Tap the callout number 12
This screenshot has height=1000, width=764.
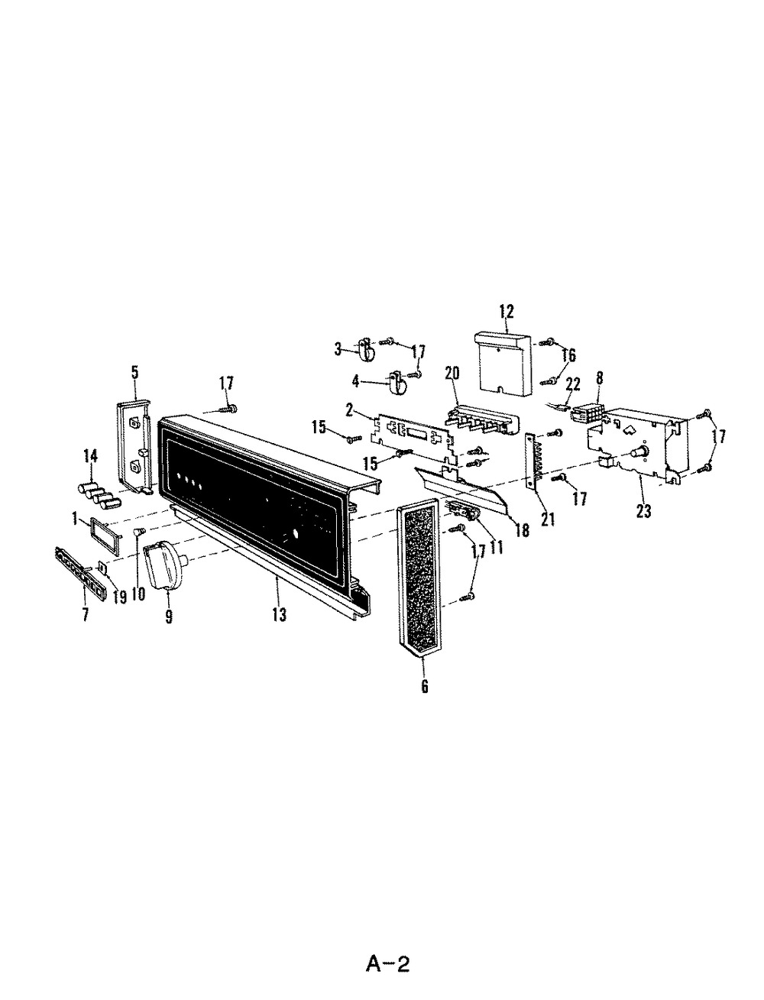[x=506, y=311]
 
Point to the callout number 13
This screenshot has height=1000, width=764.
[x=280, y=614]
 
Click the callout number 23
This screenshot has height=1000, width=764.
[x=643, y=511]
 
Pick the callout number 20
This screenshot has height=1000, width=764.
[x=452, y=373]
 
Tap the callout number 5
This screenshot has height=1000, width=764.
[x=135, y=372]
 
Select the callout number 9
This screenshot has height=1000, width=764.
[x=169, y=616]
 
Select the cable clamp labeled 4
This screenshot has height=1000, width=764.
[x=397, y=383]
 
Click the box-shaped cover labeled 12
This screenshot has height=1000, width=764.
[x=506, y=363]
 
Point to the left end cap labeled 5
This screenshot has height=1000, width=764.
[x=137, y=447]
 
